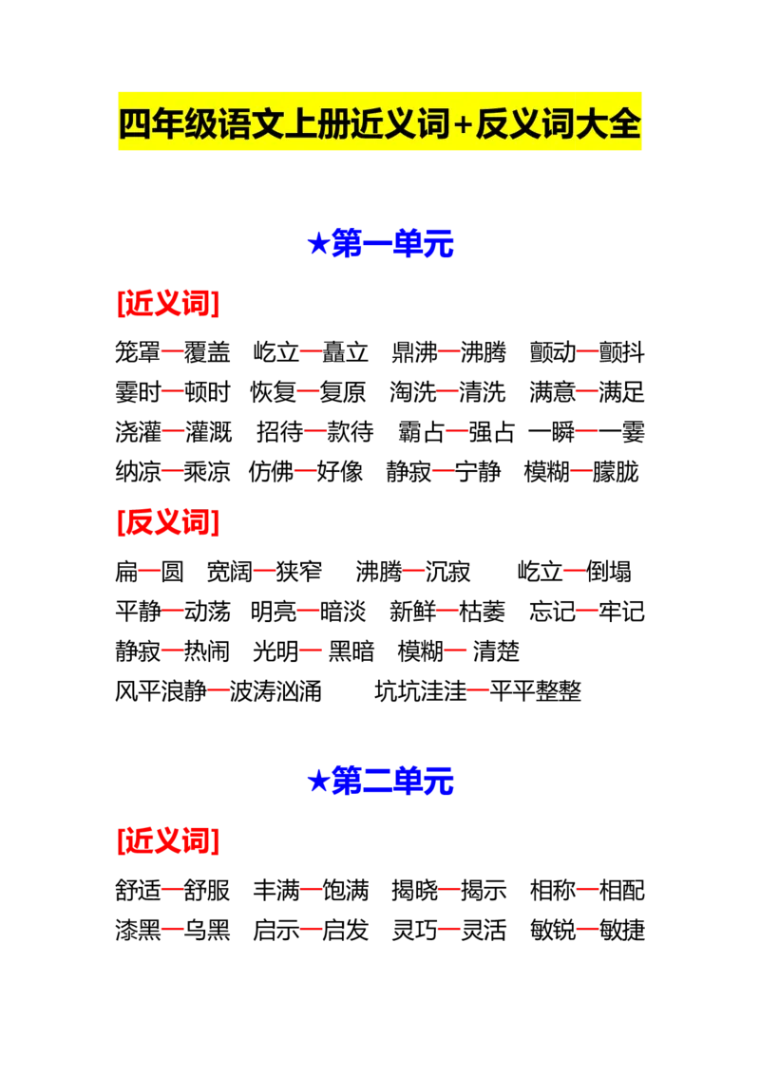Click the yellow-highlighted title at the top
[x=379, y=123]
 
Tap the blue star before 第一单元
[x=317, y=243]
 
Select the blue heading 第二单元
[x=391, y=781]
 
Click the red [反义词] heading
[x=168, y=521]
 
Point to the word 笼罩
[x=138, y=352]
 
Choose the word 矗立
[x=345, y=352]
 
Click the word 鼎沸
[x=414, y=352]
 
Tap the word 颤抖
[x=621, y=352]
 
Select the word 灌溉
[x=208, y=432]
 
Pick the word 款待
[x=350, y=432]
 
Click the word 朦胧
[x=616, y=472]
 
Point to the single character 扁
[x=127, y=571]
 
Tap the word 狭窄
[x=298, y=571]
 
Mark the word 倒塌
[x=608, y=571]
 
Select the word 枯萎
[x=482, y=611]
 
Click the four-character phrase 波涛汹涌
[x=275, y=691]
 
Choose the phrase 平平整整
[x=535, y=691]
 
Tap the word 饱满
[x=345, y=890]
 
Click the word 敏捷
[x=621, y=930]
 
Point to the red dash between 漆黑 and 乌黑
[x=173, y=931]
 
